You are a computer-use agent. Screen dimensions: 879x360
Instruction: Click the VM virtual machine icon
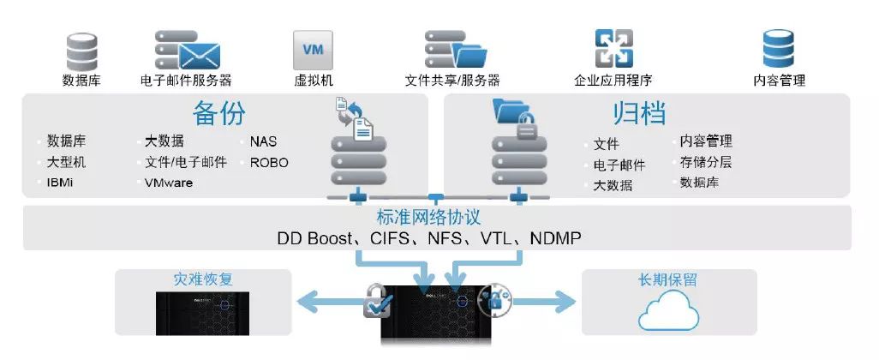coord(313,51)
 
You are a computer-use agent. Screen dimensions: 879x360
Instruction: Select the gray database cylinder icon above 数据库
coord(82,52)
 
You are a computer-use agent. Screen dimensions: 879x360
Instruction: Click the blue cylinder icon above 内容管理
coord(778,49)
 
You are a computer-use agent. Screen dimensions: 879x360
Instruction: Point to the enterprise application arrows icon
coord(613,49)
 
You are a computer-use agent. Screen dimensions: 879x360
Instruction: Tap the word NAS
coord(264,142)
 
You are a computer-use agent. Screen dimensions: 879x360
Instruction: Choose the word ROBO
coord(269,163)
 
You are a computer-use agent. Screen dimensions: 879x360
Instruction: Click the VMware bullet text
coord(168,183)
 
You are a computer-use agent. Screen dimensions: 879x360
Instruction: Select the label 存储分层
coord(706,163)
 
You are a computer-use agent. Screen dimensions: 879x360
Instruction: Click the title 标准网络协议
coord(429,217)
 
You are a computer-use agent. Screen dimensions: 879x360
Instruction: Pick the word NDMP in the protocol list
coord(555,238)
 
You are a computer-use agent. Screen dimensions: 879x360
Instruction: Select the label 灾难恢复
coord(203,279)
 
